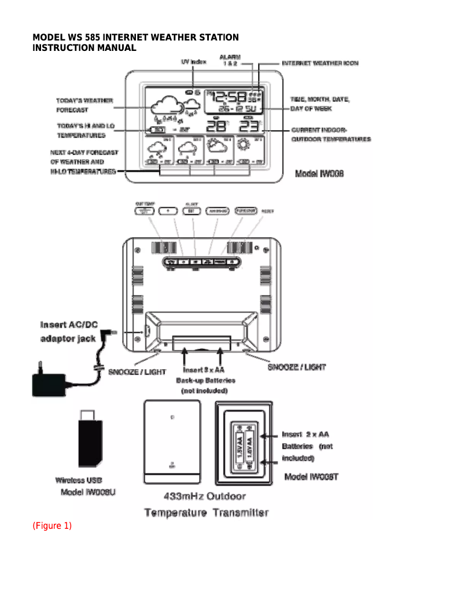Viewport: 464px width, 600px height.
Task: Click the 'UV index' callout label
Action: [x=190, y=61]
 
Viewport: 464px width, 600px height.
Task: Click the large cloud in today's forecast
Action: [x=164, y=106]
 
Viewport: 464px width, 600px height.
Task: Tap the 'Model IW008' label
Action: [x=319, y=174]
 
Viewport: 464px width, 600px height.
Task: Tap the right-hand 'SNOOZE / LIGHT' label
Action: [x=296, y=367]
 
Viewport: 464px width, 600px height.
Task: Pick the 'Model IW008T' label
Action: [x=311, y=477]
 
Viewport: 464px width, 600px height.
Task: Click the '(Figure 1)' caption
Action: [x=52, y=526]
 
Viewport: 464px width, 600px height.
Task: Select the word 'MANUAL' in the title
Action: [x=116, y=48]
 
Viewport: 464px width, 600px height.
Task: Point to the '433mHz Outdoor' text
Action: [x=205, y=496]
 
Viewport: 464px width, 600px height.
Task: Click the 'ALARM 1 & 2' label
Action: [x=230, y=60]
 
